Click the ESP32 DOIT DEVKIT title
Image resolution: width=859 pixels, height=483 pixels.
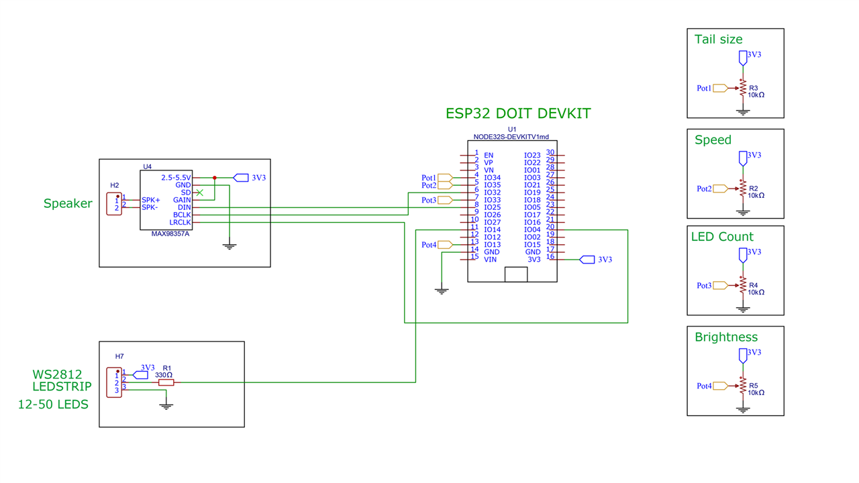(x=518, y=113)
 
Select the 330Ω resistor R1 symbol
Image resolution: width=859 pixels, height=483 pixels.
(x=166, y=382)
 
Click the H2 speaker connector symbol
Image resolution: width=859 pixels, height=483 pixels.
(x=114, y=204)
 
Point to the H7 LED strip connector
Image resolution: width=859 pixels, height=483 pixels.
(x=114, y=382)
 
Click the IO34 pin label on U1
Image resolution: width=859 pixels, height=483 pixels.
(x=492, y=178)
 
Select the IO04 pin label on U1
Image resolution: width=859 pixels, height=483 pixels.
(x=532, y=230)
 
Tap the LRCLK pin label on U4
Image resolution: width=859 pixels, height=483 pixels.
(x=180, y=222)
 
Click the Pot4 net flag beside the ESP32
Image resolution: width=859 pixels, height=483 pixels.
(x=444, y=245)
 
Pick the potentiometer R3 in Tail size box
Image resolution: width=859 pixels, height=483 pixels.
(x=742, y=89)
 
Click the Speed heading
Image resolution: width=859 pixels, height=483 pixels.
(x=713, y=140)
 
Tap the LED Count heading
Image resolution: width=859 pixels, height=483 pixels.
(x=722, y=237)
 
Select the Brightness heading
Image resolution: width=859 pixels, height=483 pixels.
(x=726, y=337)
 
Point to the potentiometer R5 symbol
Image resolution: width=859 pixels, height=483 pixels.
(x=742, y=386)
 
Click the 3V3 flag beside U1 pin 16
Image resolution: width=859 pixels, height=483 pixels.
(x=587, y=260)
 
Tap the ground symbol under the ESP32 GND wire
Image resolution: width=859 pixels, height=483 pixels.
(x=441, y=291)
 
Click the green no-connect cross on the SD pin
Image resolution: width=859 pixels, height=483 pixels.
(x=199, y=193)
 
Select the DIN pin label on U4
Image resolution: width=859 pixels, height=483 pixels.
(x=184, y=208)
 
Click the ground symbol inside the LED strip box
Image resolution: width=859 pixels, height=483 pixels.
(x=166, y=405)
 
